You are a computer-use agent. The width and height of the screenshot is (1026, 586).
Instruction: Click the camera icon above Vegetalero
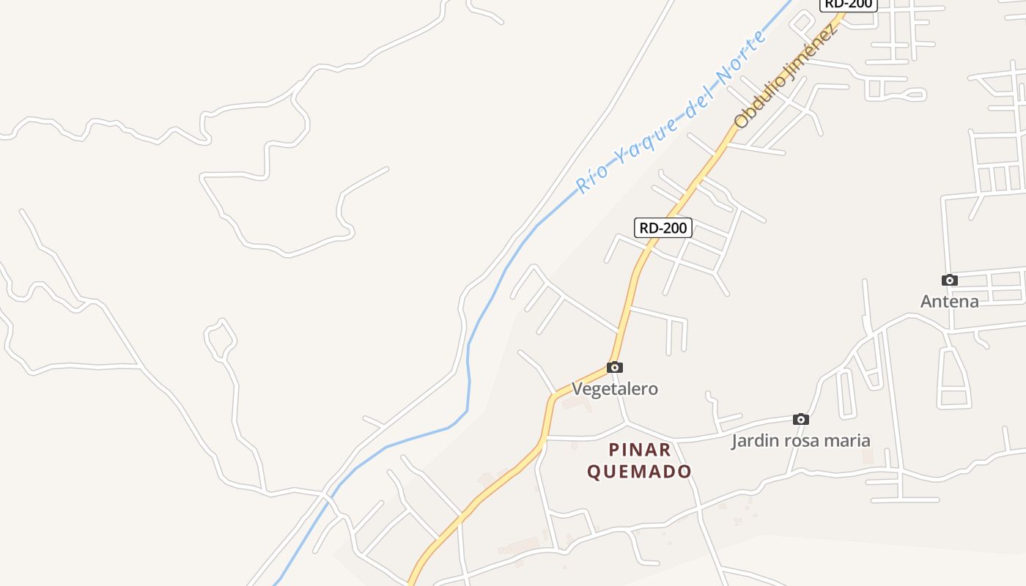pyautogui.click(x=615, y=367)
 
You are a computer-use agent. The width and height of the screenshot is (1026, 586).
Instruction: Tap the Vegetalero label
pyautogui.click(x=615, y=389)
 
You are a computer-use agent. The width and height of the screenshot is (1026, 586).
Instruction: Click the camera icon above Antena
pyautogui.click(x=950, y=280)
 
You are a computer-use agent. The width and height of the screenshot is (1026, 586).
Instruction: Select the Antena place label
pyautogui.click(x=950, y=301)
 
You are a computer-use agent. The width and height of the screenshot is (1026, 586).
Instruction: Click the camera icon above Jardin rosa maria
pyautogui.click(x=801, y=419)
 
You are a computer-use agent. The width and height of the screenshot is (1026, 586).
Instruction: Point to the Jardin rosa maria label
pyautogui.click(x=801, y=440)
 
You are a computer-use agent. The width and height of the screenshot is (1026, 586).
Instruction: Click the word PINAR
pyautogui.click(x=640, y=450)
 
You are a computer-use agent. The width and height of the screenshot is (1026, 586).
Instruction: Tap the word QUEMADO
pyautogui.click(x=640, y=471)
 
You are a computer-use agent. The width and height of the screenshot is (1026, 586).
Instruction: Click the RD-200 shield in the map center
pyautogui.click(x=663, y=228)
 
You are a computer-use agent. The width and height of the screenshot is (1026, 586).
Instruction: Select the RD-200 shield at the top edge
pyautogui.click(x=848, y=4)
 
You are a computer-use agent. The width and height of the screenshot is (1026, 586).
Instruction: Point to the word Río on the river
pyautogui.click(x=590, y=179)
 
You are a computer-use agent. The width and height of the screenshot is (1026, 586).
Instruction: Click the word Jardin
pyautogui.click(x=756, y=440)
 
